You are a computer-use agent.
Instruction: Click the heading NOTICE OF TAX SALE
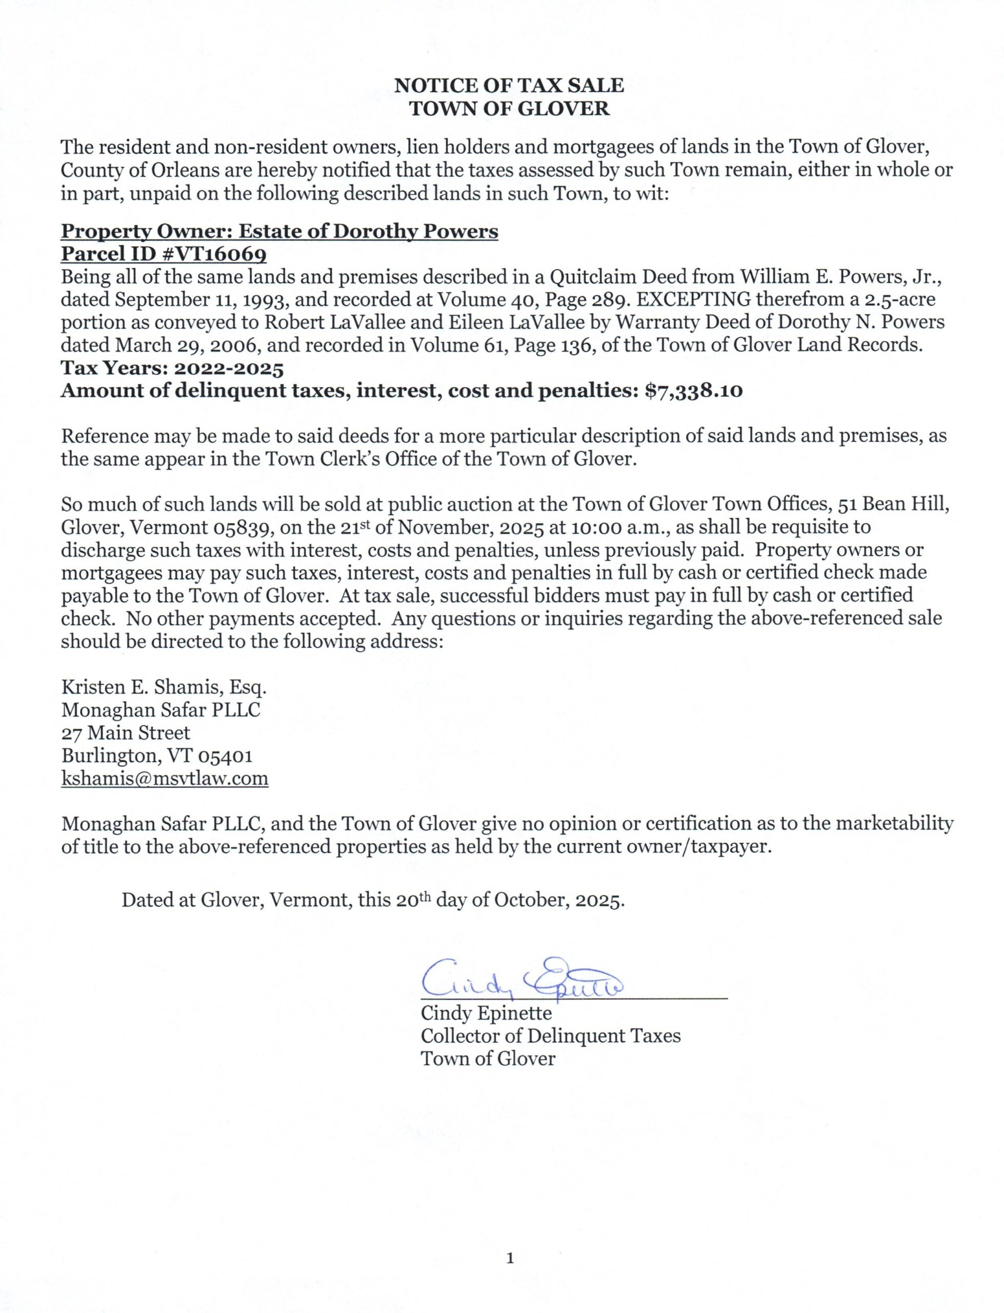pos(509,86)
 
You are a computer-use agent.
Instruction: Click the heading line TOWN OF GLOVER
pos(509,109)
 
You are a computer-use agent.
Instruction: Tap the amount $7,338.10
pos(694,391)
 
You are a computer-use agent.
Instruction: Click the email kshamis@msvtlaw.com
pos(165,779)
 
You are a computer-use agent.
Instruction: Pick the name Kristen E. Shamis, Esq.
pos(164,687)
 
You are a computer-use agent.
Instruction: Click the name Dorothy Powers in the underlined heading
pos(415,232)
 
